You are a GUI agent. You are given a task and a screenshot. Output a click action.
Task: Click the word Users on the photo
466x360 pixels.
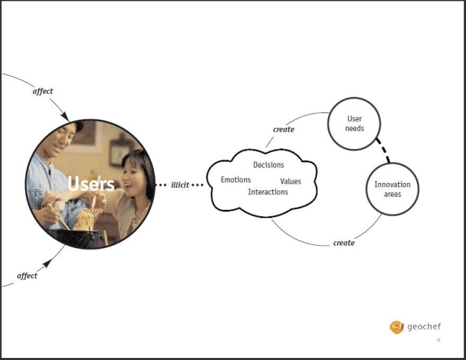[91, 184]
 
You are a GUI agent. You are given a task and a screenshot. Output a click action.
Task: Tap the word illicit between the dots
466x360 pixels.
[180, 185]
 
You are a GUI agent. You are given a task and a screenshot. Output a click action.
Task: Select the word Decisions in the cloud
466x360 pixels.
[268, 165]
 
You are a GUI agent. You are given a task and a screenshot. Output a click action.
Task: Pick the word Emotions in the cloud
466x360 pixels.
[236, 180]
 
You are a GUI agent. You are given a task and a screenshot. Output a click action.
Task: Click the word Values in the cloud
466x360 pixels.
[290, 181]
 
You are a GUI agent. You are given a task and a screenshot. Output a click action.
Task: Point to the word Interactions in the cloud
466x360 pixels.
[268, 192]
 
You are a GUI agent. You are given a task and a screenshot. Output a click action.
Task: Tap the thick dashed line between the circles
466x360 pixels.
[383, 150]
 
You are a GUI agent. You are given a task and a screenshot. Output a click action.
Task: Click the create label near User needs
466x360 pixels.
[284, 130]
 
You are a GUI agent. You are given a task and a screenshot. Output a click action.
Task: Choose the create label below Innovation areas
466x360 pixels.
[344, 243]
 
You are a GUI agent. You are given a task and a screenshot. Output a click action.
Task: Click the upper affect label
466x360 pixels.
[43, 91]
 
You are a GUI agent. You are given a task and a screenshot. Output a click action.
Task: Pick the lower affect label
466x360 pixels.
[27, 275]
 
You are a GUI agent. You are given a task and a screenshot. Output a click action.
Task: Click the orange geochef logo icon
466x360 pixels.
[397, 327]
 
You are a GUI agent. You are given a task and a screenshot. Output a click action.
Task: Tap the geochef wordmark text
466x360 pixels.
[424, 327]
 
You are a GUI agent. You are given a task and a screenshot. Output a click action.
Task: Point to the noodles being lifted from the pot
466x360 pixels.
[86, 219]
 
